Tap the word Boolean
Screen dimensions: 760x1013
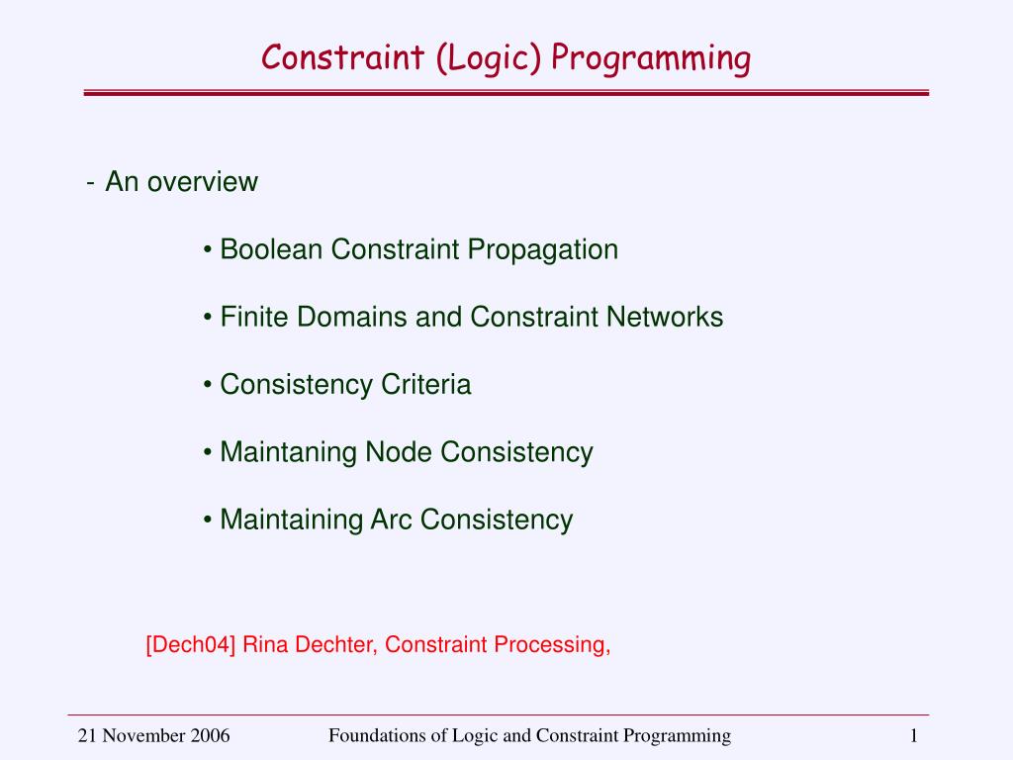271,249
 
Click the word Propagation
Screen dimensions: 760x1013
543,249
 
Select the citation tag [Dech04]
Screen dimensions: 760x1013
190,645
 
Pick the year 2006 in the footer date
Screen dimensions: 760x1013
210,735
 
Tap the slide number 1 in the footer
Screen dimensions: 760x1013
914,735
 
